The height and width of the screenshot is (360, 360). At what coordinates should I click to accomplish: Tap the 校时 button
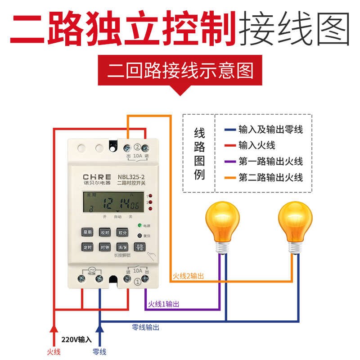(104, 232)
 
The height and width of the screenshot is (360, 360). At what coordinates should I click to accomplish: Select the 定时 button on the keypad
(87, 247)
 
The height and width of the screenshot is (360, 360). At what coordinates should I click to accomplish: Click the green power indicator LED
(140, 225)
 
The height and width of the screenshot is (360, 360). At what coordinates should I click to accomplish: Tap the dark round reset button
(139, 235)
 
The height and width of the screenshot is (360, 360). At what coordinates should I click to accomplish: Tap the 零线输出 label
(145, 328)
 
